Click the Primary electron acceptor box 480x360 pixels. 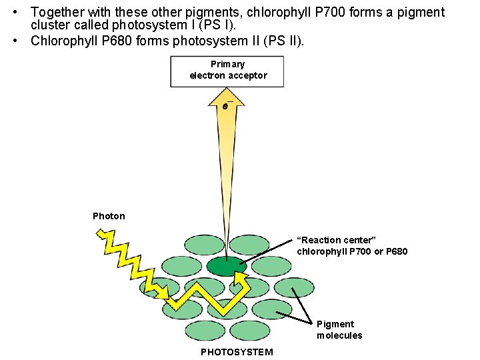227,71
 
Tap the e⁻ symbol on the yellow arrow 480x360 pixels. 227,105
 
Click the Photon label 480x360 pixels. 109,216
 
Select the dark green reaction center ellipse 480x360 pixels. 227,266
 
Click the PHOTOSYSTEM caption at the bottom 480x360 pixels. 237,352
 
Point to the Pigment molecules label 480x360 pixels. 339,329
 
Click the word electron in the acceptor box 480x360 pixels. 207,76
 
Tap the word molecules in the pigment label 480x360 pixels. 339,335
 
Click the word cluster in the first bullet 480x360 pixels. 48,25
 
